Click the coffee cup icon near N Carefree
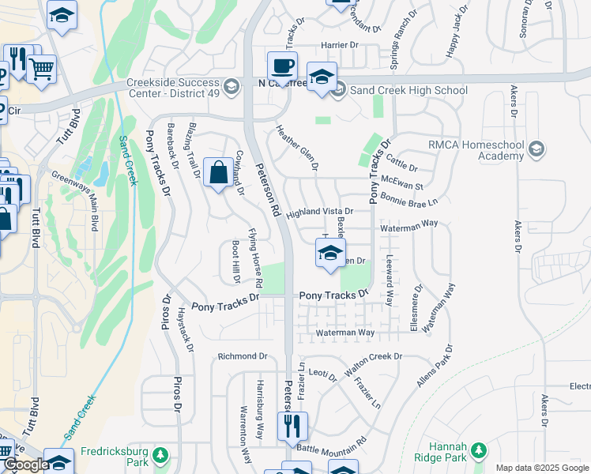click(282, 66)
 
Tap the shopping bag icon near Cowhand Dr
click(217, 172)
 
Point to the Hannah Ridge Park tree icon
click(477, 450)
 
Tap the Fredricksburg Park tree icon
click(160, 456)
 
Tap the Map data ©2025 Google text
click(541, 468)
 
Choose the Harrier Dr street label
click(339, 45)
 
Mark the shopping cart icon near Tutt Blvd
click(42, 69)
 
